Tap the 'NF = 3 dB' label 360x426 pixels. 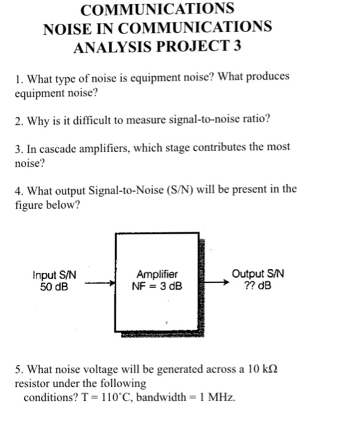(157, 285)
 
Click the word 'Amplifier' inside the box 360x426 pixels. (157, 274)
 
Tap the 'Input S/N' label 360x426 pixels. (54, 275)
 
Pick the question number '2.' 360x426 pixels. (20, 120)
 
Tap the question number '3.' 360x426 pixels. (20, 147)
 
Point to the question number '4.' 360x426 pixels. (20, 189)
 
